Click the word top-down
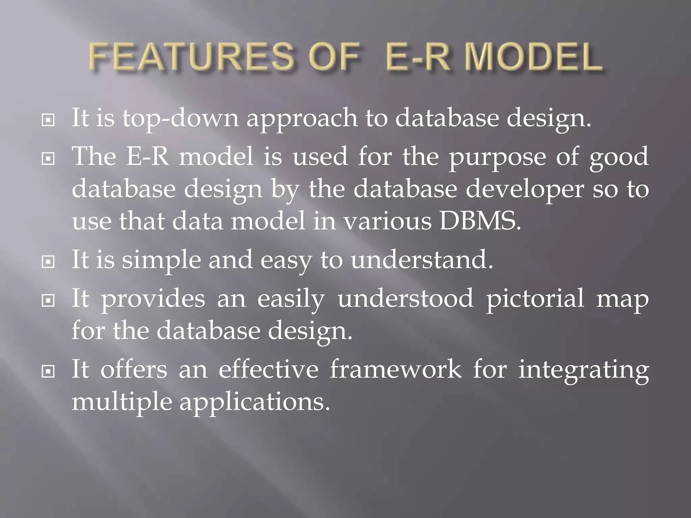pos(180,119)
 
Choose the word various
pos(388,221)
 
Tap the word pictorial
pos(535,299)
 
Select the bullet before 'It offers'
pos(48,371)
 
